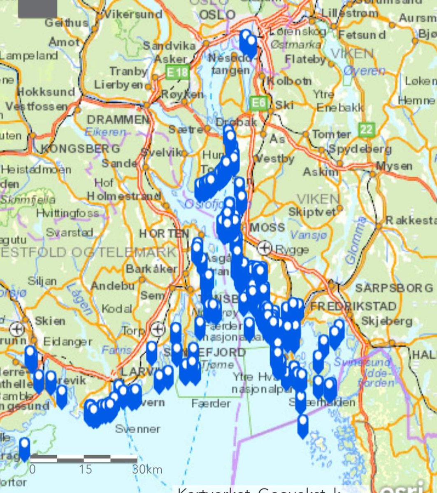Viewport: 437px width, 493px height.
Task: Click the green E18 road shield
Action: [177, 73]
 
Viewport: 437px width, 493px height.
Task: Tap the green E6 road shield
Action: [258, 103]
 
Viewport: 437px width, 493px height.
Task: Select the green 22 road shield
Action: [366, 130]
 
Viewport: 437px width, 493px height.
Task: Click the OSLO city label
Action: [217, 15]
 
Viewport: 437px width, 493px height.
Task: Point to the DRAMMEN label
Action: [118, 120]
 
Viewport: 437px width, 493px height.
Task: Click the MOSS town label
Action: [267, 227]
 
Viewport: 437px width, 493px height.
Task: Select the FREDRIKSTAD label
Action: [353, 306]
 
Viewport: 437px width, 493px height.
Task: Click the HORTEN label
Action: [163, 233]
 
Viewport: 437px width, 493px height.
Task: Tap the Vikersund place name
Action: [133, 14]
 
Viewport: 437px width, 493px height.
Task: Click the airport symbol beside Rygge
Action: [265, 248]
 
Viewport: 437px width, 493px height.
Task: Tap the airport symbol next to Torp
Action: [158, 329]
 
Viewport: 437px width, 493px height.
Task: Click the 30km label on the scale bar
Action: [147, 470]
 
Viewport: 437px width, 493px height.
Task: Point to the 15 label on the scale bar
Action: [86, 470]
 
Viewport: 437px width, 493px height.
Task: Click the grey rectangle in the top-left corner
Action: [37, 8]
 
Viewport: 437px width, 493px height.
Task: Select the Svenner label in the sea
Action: [137, 429]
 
